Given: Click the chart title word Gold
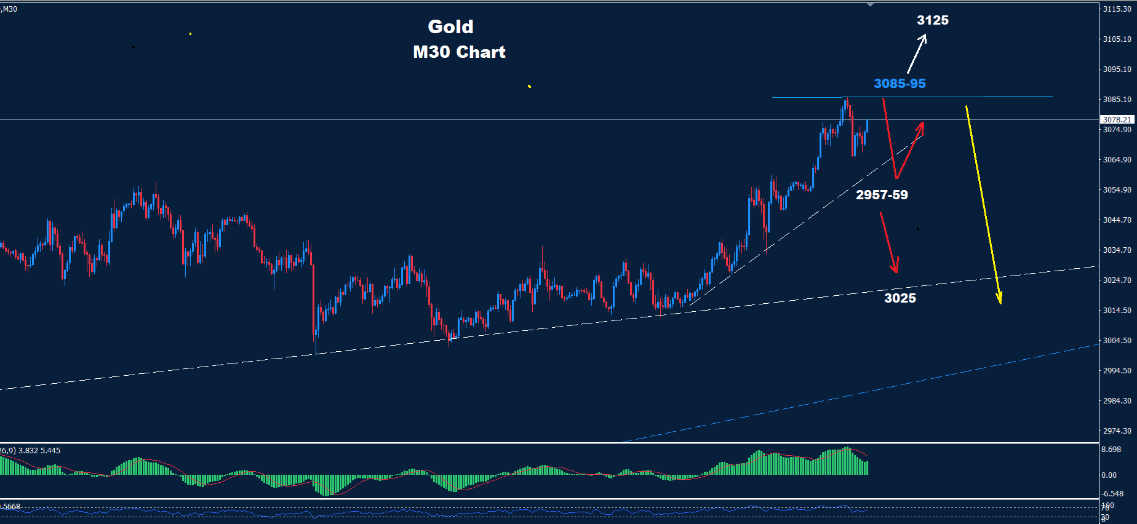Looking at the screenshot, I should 450,26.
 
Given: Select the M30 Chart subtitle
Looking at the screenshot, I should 459,52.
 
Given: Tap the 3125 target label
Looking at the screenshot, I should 932,20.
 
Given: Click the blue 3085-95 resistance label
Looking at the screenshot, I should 899,84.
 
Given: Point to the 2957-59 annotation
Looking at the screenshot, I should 881,195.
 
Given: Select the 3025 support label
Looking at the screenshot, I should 900,298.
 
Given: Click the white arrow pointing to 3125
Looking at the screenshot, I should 916,54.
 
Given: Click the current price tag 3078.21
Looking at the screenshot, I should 1116,120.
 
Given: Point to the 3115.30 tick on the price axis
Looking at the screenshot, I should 1117,9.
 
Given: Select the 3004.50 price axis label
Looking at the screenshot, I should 1117,341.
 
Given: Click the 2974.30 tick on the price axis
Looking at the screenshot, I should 1117,431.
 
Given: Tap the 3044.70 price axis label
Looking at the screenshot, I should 1117,220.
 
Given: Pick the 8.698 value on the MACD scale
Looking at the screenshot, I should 1111,450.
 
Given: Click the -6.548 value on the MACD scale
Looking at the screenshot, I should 1112,494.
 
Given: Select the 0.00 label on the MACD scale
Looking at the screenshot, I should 1109,475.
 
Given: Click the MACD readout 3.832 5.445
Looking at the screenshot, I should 39,451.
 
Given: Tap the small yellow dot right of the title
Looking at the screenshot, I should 529,86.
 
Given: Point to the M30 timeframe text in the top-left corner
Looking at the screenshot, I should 10,9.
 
